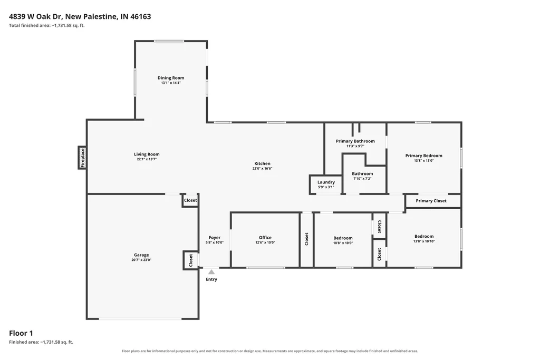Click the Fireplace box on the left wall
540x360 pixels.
[82, 158]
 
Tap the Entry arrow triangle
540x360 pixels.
[211, 272]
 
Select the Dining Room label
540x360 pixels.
[171, 78]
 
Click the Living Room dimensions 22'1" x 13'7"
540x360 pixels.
[147, 159]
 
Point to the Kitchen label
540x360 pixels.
[263, 163]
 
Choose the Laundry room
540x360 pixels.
[326, 185]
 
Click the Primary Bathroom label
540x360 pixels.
[355, 141]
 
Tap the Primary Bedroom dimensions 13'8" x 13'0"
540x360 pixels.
[424, 160]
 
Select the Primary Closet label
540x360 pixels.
[431, 201]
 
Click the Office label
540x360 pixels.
[265, 238]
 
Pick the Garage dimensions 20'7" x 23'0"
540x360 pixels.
[141, 260]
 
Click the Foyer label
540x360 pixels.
[215, 238]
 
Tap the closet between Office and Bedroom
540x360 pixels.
[306, 239]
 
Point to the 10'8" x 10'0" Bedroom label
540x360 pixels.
[343, 238]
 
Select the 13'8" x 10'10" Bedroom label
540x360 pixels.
[424, 236]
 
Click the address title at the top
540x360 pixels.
[80, 16]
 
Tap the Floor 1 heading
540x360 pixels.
[21, 333]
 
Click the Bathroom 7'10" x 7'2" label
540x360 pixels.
[362, 174]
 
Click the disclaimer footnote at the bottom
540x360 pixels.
[270, 351]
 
